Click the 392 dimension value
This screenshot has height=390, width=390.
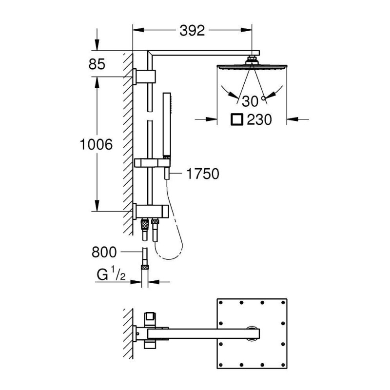(192, 30)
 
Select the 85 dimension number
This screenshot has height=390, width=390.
(97, 64)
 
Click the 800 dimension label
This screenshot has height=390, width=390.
(104, 252)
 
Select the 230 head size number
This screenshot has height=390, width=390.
(259, 119)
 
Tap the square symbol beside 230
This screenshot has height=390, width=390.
(237, 119)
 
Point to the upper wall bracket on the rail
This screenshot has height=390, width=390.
(146, 76)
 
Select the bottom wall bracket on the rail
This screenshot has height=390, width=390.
(151, 211)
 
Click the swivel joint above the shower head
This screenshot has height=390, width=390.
(252, 59)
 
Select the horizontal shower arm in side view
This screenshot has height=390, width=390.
(205, 53)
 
